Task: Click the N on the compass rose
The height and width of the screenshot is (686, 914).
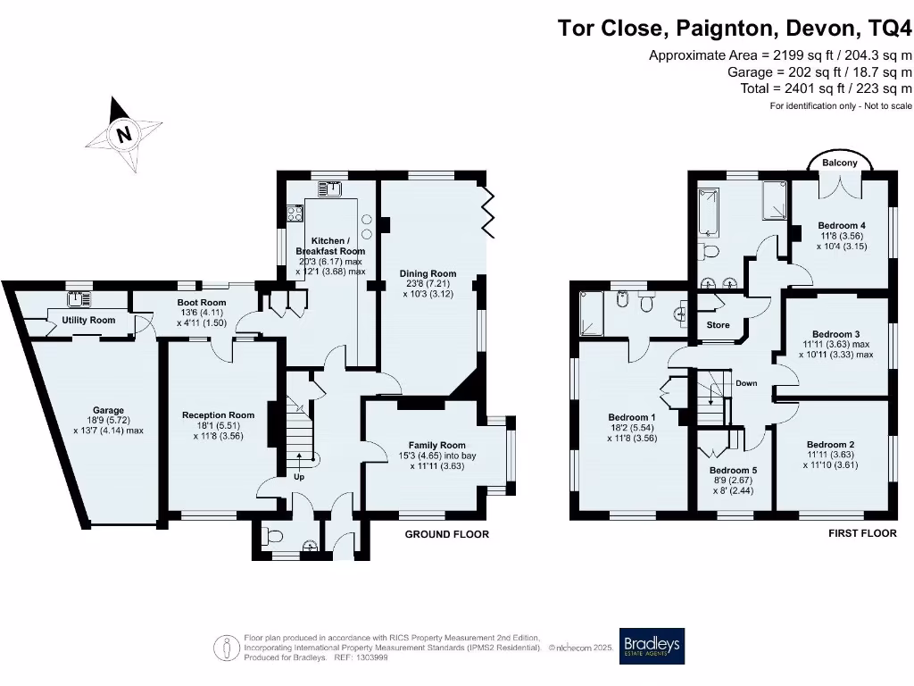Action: [x=125, y=136]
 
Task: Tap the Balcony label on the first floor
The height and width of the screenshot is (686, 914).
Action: [x=840, y=163]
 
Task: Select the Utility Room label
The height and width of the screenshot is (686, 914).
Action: [x=88, y=320]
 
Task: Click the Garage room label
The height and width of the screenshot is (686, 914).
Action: [x=108, y=411]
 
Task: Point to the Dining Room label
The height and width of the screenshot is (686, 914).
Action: [x=428, y=274]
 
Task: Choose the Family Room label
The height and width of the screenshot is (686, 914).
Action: [x=437, y=445]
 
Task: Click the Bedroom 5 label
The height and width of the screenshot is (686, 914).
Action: [x=734, y=471]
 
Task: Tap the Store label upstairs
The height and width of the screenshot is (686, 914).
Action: [x=719, y=325]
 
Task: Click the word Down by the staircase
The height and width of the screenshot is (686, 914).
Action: [x=746, y=383]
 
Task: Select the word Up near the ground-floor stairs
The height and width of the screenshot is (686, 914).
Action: [x=299, y=476]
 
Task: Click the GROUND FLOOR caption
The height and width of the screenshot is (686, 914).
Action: [x=447, y=534]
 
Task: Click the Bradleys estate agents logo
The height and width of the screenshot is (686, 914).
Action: [x=652, y=646]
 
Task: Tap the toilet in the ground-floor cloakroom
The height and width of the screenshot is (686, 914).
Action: [x=272, y=537]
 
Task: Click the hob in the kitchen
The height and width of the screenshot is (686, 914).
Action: [x=294, y=213]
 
